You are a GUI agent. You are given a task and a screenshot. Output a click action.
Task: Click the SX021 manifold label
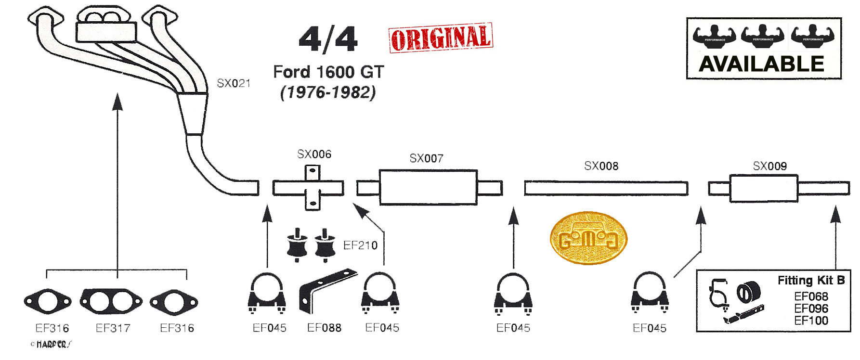pos(234,83)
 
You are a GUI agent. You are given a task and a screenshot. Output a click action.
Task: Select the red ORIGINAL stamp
pos(441,38)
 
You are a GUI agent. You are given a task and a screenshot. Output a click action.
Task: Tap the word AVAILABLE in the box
pos(762,64)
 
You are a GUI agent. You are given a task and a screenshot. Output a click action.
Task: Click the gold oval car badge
pos(588,238)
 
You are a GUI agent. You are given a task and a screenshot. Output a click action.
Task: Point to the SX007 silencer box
pos(428,187)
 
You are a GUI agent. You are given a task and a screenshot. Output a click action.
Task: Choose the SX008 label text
pos(601,166)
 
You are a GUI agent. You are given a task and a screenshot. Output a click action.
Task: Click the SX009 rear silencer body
pos(764,189)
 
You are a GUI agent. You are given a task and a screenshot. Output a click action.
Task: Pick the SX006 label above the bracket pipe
pos(314,154)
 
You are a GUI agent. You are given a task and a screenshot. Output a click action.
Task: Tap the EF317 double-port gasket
pos(111,301)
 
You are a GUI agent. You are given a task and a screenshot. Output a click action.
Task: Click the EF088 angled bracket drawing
pos(327,291)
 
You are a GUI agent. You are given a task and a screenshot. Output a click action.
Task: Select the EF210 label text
pos(360,245)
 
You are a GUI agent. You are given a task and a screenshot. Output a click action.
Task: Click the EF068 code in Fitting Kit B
pos(811,296)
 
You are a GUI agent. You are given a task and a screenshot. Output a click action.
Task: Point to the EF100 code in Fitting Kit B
pos(811,321)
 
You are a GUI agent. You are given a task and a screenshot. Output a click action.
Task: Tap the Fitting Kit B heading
pos(811,280)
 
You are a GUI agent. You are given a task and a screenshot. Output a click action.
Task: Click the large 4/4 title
pos(328,39)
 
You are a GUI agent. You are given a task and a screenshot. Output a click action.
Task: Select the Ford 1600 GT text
pos(328,72)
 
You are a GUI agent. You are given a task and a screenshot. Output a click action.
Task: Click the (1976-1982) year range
pos(328,92)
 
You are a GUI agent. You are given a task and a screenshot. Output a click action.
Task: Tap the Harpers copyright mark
pos(51,344)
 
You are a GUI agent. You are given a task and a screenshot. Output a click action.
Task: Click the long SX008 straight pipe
pos(606,188)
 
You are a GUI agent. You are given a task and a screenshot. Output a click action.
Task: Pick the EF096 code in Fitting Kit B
pos(811,309)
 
